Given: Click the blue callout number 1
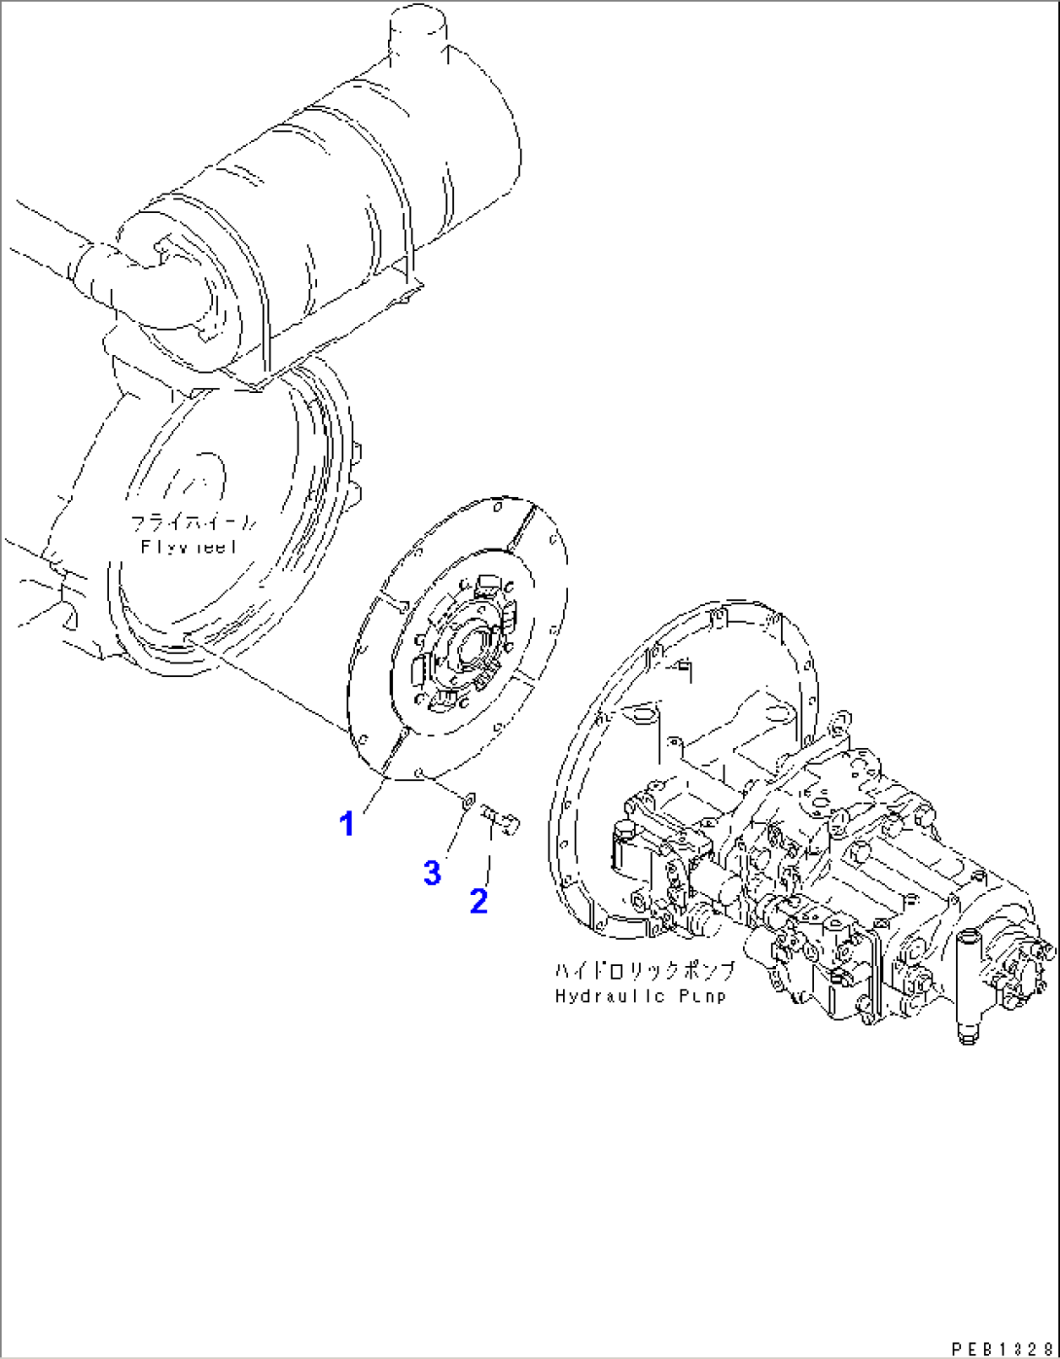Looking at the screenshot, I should tap(346, 825).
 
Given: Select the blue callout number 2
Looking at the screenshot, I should tap(478, 901).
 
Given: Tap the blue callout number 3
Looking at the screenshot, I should tap(432, 873).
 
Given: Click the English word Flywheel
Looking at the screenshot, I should tap(189, 547).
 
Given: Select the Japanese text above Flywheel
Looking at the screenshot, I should tap(194, 523).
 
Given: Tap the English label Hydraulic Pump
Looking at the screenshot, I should tap(640, 995).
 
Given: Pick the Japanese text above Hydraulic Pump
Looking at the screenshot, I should tap(645, 971).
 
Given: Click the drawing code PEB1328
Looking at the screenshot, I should tap(1001, 1348).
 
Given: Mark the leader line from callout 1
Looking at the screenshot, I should tap(373, 794).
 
